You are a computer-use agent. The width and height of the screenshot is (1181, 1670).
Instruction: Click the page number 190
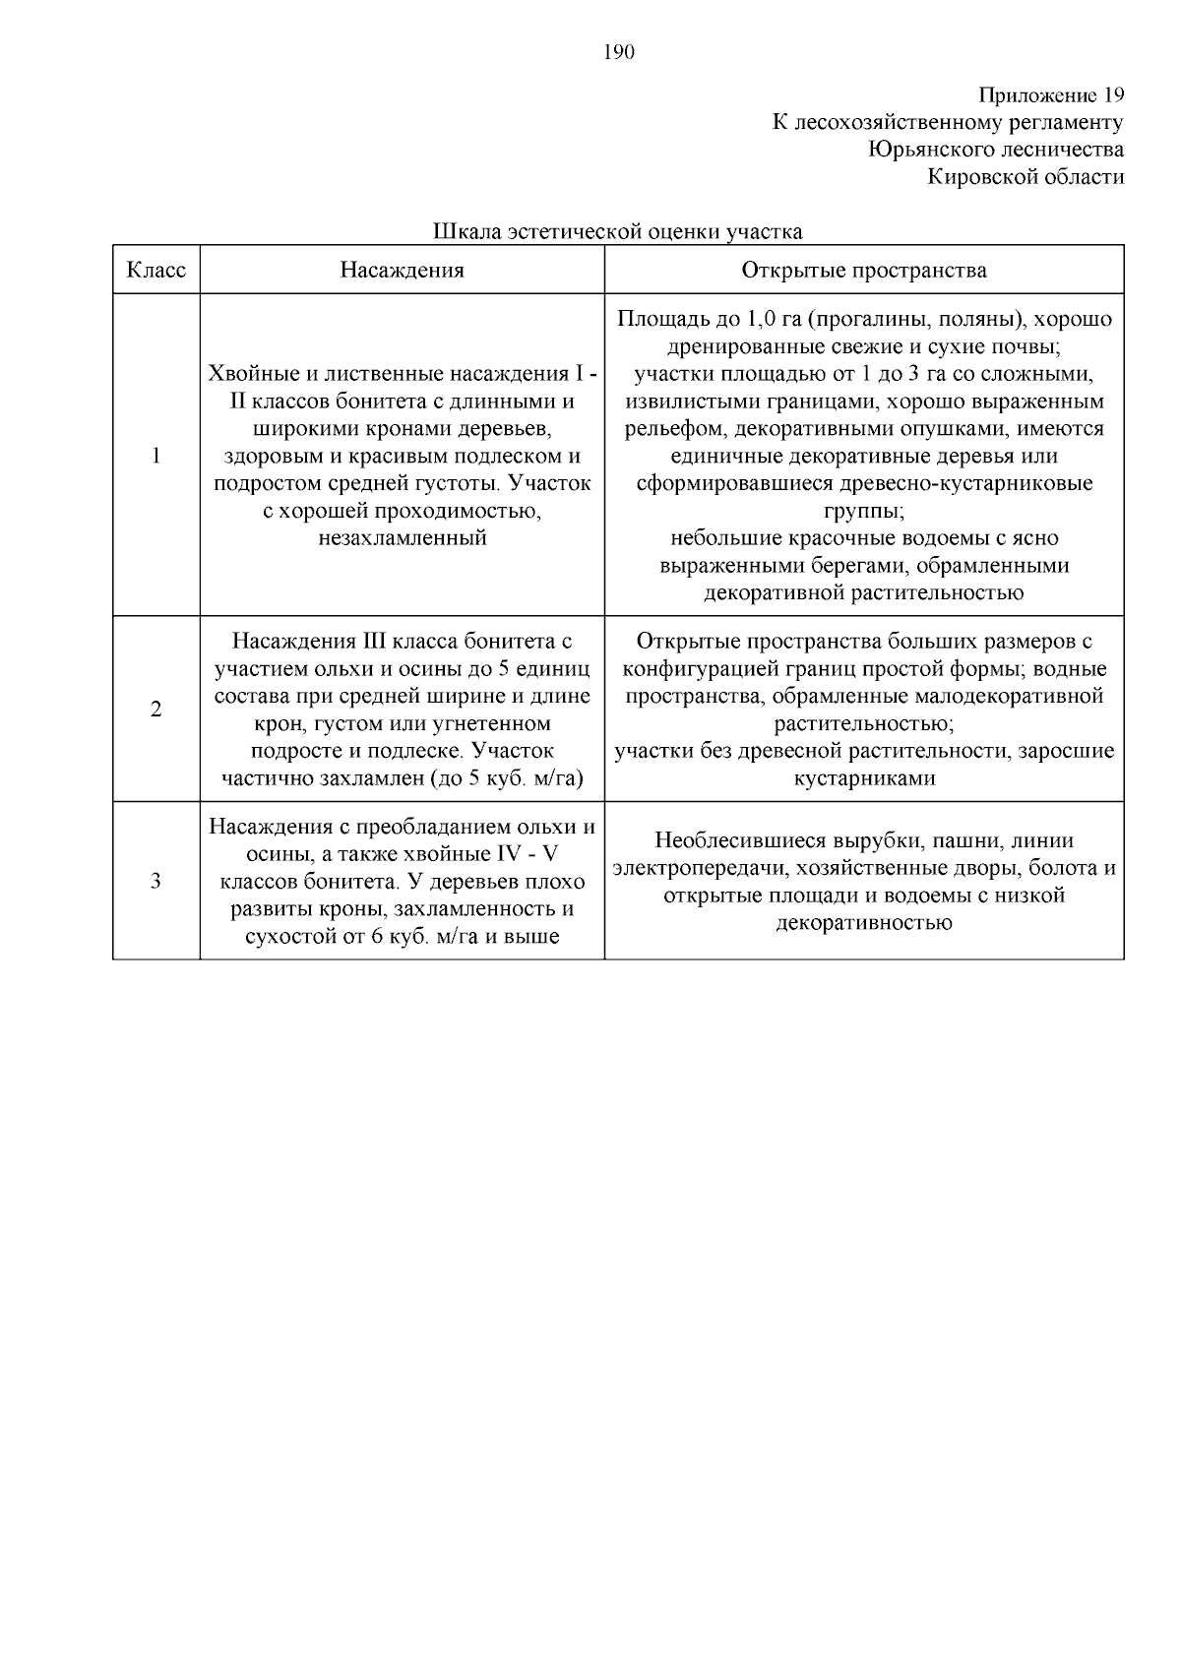[x=619, y=53]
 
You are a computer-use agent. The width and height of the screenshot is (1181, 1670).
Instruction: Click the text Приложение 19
[x=1050, y=95]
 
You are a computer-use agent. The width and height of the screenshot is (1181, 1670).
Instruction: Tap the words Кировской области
[x=1026, y=177]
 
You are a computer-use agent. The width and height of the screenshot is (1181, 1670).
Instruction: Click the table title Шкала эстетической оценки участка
[x=618, y=232]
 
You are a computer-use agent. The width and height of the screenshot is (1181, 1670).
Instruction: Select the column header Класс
[x=156, y=270]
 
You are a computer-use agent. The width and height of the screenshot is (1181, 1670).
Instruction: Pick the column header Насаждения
[x=402, y=270]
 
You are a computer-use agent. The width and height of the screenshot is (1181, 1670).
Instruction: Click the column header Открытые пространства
[x=863, y=270]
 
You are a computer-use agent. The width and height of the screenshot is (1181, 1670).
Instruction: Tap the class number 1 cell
[x=155, y=456]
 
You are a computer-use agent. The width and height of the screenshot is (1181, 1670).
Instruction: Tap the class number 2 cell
[x=155, y=710]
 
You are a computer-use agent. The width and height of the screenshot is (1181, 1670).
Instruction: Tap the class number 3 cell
[x=155, y=881]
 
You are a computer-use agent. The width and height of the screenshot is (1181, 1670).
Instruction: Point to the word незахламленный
[x=402, y=538]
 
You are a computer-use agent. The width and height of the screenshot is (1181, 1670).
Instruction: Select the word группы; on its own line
[x=863, y=511]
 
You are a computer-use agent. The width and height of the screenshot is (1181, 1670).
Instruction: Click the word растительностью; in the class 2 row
[x=863, y=724]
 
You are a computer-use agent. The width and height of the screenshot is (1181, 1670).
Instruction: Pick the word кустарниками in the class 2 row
[x=863, y=778]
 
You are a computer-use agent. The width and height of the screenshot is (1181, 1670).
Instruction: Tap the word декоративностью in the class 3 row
[x=863, y=923]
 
